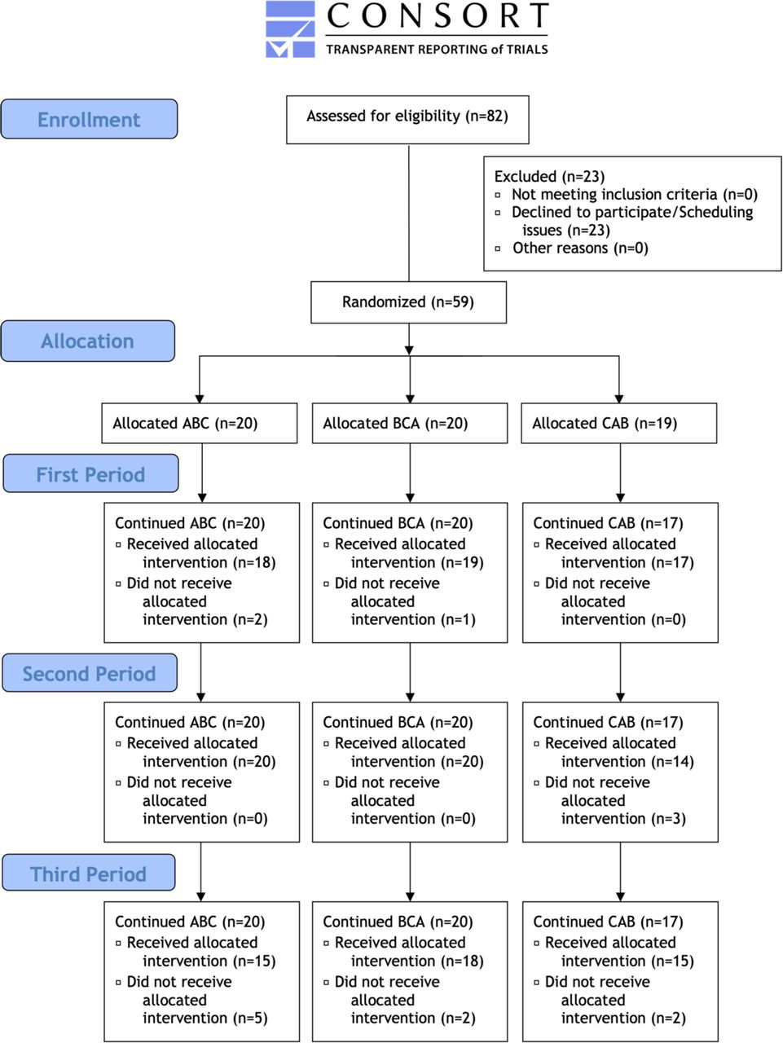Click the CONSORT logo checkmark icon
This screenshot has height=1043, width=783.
coord(290,29)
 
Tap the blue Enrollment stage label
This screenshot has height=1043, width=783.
coord(89,119)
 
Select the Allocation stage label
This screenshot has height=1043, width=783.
coord(88,341)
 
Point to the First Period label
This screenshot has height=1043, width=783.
coord(90,473)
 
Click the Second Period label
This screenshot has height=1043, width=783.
coord(90,673)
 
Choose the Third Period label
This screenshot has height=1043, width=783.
coord(89,874)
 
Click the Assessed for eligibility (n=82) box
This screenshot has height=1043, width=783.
coord(407,120)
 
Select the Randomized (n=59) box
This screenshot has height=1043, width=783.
coord(408,302)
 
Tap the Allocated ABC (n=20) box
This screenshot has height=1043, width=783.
coord(200,424)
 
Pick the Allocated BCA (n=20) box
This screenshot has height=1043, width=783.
coord(410,424)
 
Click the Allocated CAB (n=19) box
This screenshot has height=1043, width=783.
coord(619,424)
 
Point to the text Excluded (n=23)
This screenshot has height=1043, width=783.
coord(550,177)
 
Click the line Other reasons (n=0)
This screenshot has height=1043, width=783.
coord(580,248)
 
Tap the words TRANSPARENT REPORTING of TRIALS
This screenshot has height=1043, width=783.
coord(437,50)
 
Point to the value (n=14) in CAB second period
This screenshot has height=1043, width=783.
coord(673,762)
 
